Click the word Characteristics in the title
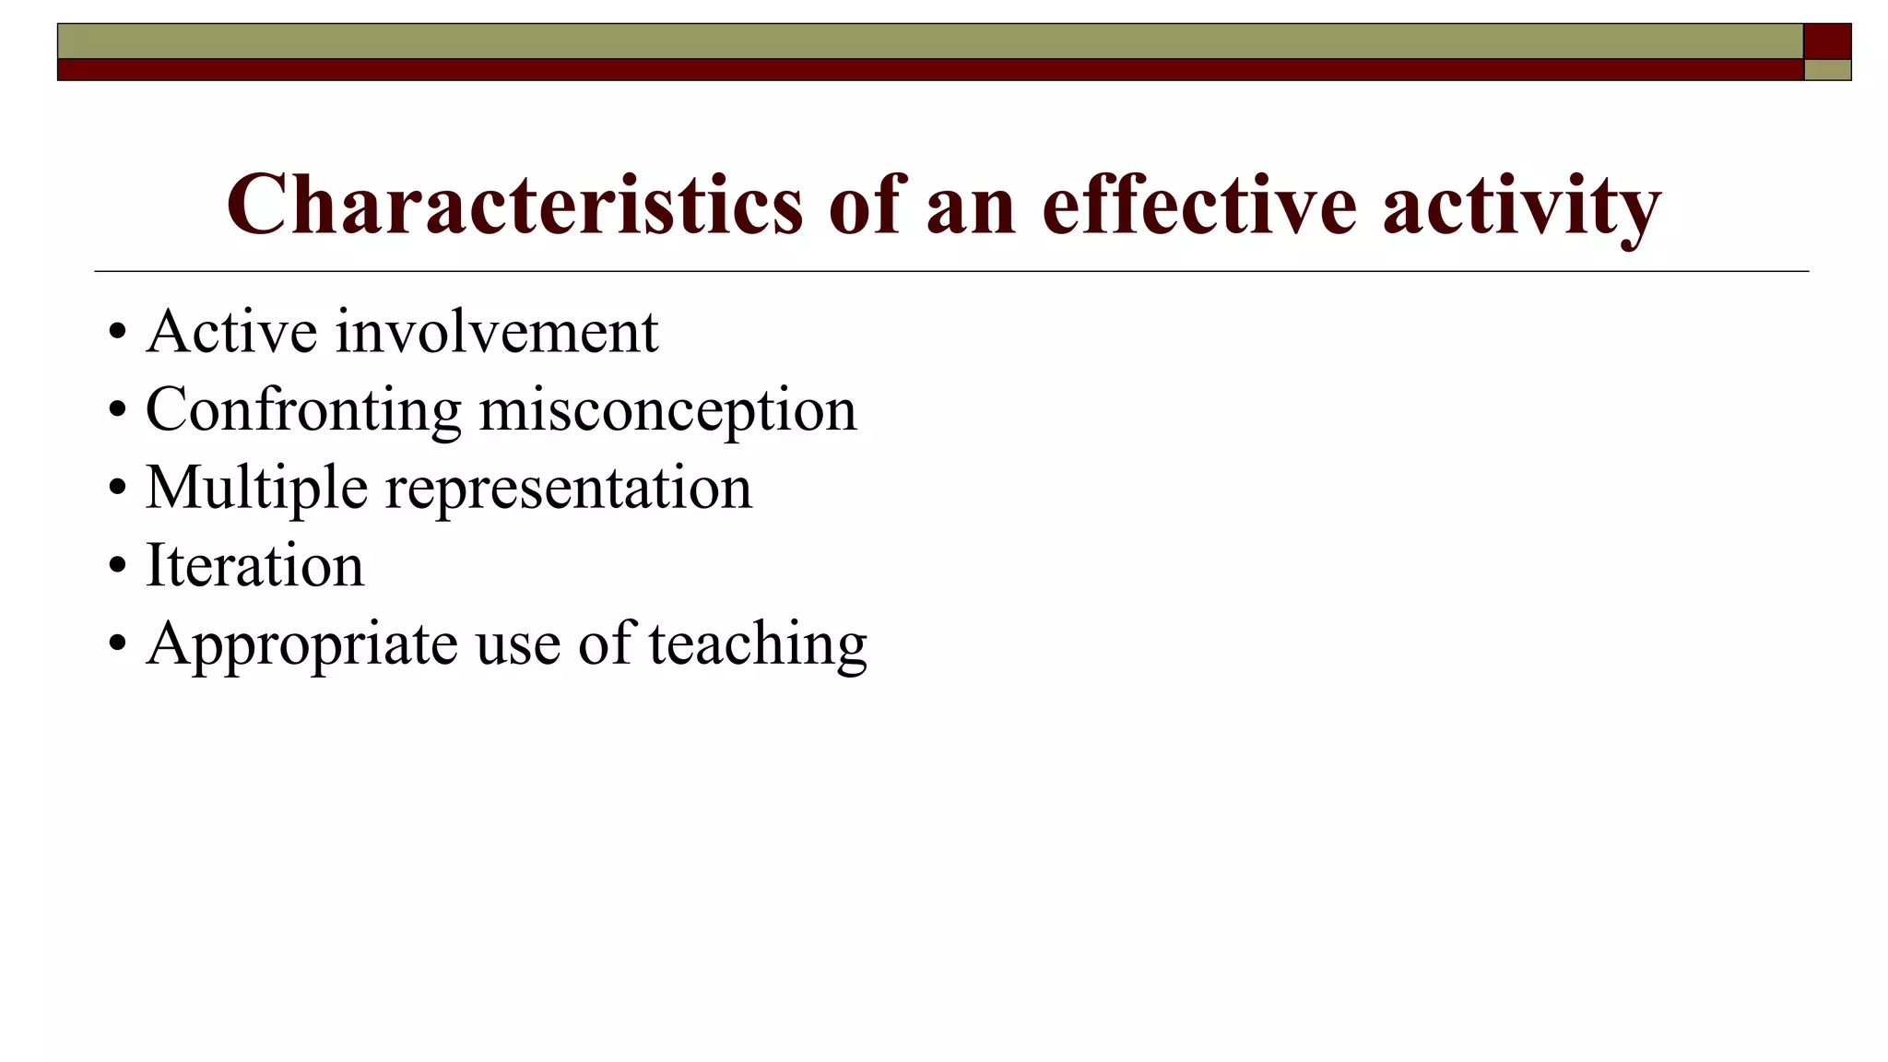point(514,205)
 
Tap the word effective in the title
point(1198,205)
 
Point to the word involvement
point(497,331)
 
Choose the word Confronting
point(303,410)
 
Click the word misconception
point(667,410)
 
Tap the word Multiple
point(256,489)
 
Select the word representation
point(568,489)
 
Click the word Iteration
point(254,565)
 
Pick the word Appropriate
point(301,644)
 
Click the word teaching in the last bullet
point(758,644)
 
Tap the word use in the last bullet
point(517,644)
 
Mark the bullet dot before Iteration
point(116,566)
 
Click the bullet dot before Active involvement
point(116,332)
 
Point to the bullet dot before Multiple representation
point(116,489)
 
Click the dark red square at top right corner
point(1827,41)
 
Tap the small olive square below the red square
point(1827,70)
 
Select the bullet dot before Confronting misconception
point(116,410)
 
